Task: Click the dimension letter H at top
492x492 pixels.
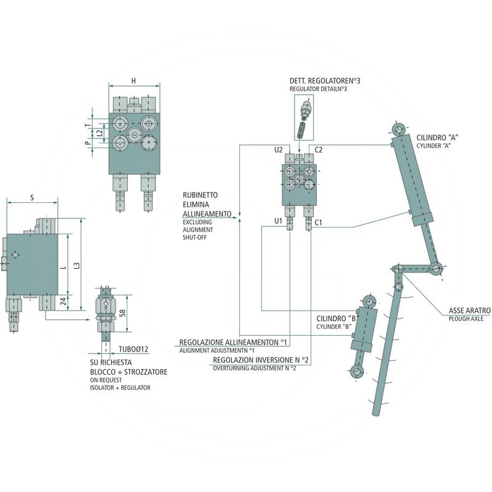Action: pos(133,80)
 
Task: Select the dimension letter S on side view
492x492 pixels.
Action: pos(31,197)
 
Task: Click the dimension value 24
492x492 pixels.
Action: pos(63,301)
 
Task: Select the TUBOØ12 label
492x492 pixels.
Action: pos(133,349)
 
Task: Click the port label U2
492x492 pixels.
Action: pos(278,149)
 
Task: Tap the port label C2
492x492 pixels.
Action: pos(319,149)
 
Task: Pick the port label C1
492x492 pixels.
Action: pos(319,221)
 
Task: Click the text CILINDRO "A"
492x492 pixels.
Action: pos(438,137)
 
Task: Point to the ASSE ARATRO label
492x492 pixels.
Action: pos(469,311)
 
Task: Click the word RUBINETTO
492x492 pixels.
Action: pos(199,195)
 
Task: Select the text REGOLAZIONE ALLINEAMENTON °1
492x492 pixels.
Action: pos(233,342)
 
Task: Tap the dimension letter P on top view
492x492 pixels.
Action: pos(88,143)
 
